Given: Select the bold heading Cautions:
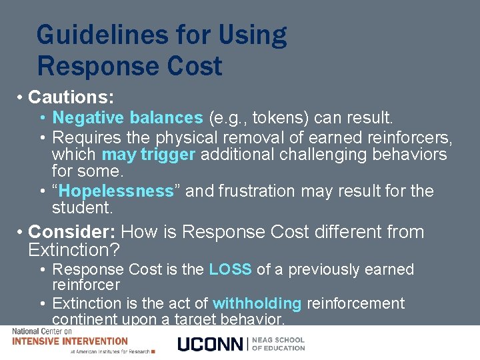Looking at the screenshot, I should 71,97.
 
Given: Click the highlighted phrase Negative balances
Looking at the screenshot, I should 127,118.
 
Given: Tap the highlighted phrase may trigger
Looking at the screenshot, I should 149,154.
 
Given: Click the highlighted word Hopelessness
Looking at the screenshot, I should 116,191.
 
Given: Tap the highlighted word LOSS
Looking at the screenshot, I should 230,269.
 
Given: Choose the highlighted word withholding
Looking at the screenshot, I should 256,303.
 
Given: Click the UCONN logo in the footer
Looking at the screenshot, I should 211,344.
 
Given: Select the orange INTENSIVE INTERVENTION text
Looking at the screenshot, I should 70,341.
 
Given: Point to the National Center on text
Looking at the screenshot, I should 41,331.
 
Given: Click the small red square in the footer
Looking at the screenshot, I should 153,351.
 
